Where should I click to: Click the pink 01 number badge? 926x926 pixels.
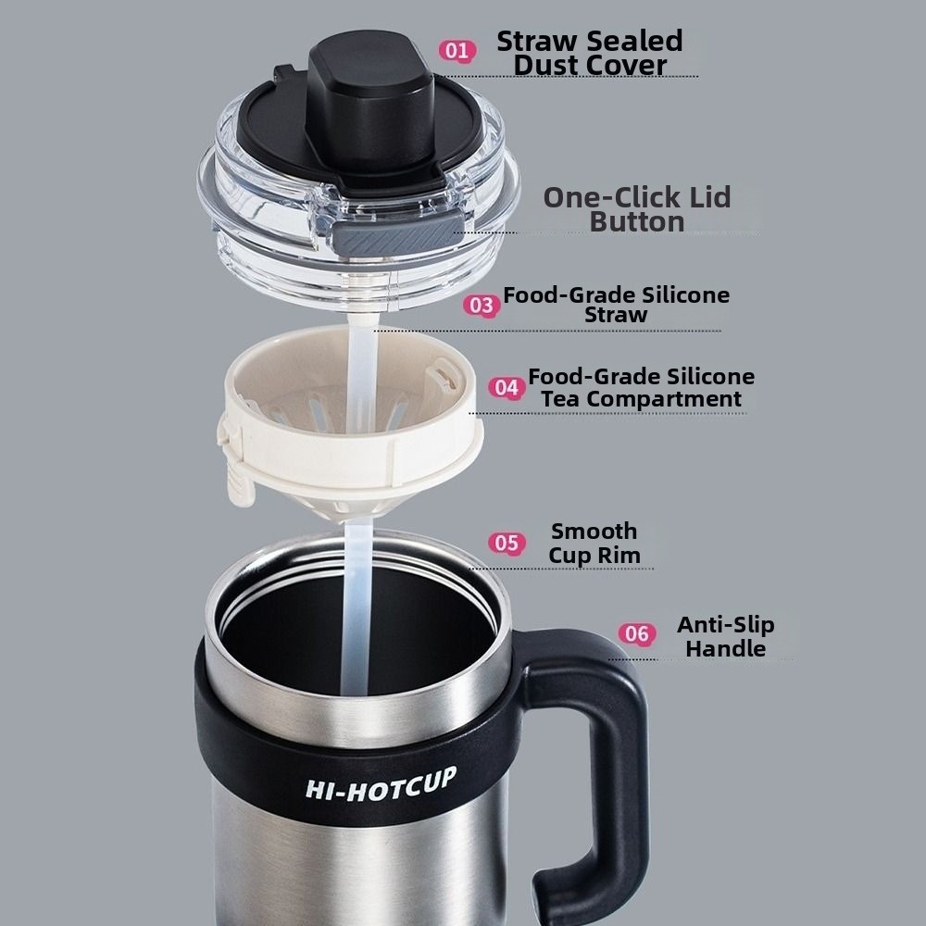[x=457, y=51]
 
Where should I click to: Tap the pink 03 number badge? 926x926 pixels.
[x=482, y=306]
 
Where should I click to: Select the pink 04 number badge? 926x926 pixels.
[x=507, y=388]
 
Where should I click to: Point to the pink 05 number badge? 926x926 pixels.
[x=507, y=544]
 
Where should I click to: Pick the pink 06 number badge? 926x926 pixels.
[x=637, y=634]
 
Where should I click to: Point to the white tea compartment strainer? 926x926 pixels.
[x=351, y=419]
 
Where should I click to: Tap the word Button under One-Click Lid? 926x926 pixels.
[x=637, y=222]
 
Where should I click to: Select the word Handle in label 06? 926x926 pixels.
[x=726, y=648]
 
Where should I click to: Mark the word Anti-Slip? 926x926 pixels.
[x=726, y=625]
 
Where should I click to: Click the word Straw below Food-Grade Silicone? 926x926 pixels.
[x=616, y=315]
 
